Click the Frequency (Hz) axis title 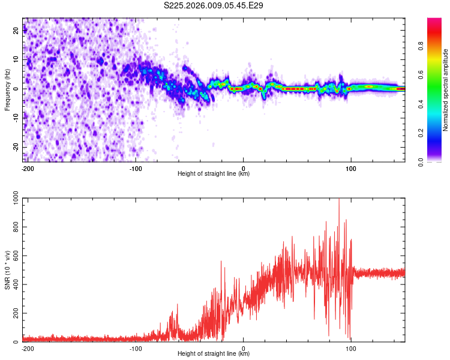[7, 90]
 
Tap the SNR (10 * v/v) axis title [7, 270]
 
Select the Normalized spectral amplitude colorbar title [446, 90]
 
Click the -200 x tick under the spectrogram [28, 167]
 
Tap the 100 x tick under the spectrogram [350, 167]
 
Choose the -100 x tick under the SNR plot [136, 347]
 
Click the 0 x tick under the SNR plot [244, 347]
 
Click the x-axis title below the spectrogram [214, 173]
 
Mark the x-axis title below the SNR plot [214, 353]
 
